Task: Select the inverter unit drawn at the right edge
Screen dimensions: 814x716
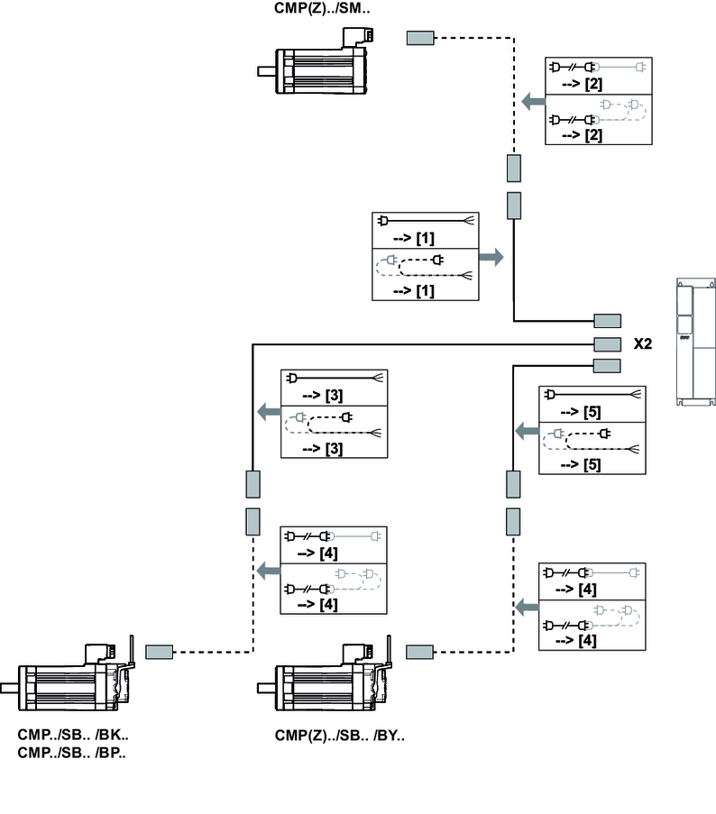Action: tap(696, 343)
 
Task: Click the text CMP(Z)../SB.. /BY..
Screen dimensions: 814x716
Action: tap(340, 734)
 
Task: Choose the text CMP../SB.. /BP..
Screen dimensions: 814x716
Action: tap(72, 752)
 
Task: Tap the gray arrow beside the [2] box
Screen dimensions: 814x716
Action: tap(533, 104)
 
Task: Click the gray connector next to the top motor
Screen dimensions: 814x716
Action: tap(420, 38)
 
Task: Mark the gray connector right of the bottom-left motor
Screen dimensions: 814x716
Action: tap(160, 651)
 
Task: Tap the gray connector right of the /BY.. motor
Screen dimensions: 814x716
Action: tap(421, 651)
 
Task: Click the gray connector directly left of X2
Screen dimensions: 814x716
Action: tap(607, 343)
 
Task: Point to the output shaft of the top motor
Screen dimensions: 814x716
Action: tap(266, 71)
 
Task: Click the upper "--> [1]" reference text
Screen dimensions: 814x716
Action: tap(416, 237)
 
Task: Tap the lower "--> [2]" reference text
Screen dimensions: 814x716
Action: tap(582, 135)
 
